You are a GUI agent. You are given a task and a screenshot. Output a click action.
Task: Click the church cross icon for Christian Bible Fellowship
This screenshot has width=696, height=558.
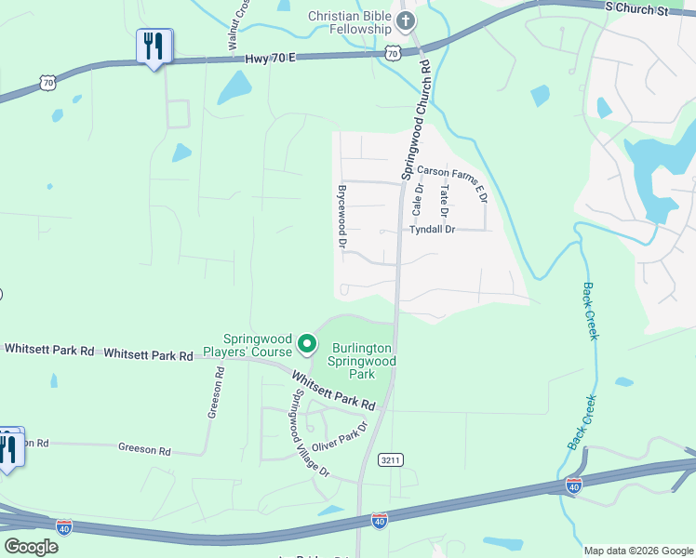click(405, 20)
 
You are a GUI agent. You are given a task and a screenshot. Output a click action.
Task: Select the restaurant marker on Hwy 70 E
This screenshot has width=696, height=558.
click(154, 46)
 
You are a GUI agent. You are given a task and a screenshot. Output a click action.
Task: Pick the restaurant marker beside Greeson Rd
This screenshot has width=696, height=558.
click(8, 448)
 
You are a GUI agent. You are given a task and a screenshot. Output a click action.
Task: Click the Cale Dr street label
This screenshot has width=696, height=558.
click(419, 200)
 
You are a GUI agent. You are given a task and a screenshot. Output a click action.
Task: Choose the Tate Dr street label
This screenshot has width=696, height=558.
click(445, 200)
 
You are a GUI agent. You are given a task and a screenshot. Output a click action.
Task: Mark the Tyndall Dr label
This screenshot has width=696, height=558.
click(432, 229)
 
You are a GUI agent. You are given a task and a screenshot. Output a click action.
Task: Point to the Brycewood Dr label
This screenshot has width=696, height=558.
click(342, 215)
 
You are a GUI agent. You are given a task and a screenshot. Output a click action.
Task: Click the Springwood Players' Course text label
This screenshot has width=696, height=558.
click(257, 346)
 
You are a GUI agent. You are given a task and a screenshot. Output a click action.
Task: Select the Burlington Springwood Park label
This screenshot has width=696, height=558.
click(362, 361)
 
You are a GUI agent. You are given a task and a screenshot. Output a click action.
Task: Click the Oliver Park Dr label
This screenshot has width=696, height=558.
click(339, 436)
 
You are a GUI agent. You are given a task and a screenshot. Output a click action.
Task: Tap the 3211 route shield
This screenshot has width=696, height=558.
click(391, 459)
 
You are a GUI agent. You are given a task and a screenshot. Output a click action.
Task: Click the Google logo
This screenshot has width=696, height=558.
click(31, 547)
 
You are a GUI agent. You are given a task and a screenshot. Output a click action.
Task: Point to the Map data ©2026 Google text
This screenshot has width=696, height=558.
click(637, 551)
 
